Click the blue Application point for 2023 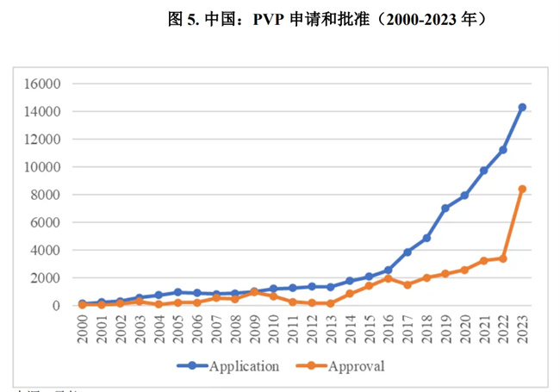click(521, 108)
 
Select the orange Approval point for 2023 click(521, 189)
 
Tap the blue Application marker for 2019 click(445, 208)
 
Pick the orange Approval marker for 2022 click(502, 258)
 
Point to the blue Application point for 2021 click(483, 171)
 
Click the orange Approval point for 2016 click(388, 278)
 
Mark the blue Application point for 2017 click(407, 252)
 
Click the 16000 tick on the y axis click(42, 84)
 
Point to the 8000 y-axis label click(46, 195)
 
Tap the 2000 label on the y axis click(46, 278)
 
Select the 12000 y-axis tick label click(42, 140)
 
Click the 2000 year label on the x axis click(83, 330)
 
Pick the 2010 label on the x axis click(273, 330)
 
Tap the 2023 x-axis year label click(521, 330)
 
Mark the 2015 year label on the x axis click(369, 330)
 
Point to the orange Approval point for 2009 click(254, 292)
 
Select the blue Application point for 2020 click(464, 196)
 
